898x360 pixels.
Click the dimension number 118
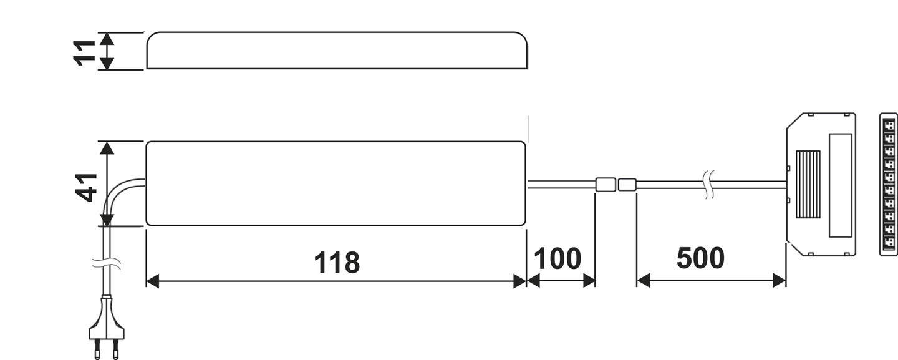tap(337, 263)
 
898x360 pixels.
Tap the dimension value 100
tap(558, 259)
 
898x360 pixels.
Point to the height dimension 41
tap(87, 187)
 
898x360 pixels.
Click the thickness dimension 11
tap(84, 52)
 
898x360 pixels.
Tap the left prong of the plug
tap(97, 349)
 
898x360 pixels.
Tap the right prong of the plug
tap(115, 349)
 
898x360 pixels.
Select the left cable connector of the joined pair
tap(605, 185)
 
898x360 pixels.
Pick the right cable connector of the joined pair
tap(627, 185)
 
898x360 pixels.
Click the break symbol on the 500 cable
tap(709, 185)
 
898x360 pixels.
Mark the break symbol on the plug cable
tap(107, 264)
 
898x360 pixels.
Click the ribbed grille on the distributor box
tap(808, 184)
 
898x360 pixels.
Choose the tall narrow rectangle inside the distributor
tap(840, 185)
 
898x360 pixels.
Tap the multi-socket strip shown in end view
tap(888, 184)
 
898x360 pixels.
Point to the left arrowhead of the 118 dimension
tap(152, 281)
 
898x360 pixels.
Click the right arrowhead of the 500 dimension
tap(780, 281)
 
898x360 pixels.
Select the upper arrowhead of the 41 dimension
tap(107, 148)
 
